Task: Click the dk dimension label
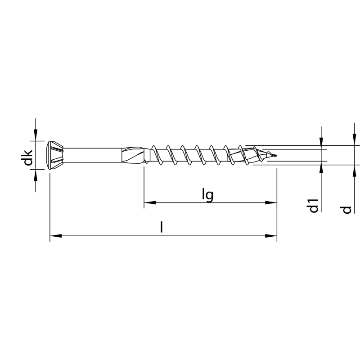(28, 157)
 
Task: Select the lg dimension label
(208, 195)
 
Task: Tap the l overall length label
(162, 227)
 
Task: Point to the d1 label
(314, 206)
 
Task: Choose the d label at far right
(346, 210)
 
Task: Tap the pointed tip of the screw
(276, 155)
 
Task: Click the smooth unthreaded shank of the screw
(92, 155)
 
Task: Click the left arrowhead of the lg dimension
(150, 202)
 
